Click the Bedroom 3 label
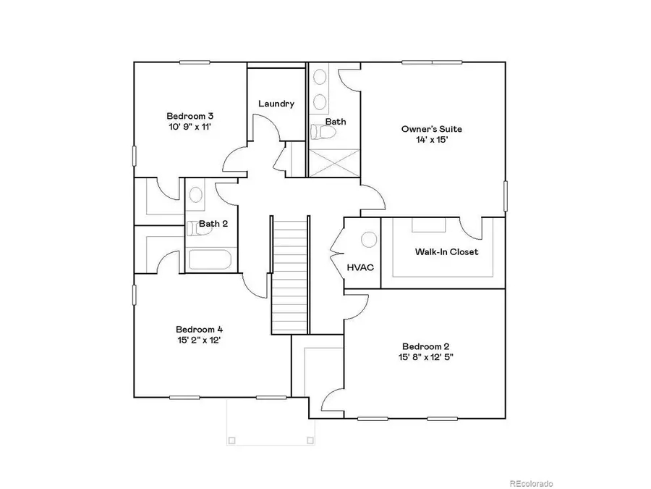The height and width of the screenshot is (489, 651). click(x=190, y=116)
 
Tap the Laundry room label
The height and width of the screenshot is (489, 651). click(x=276, y=104)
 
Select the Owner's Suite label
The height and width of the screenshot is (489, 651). click(x=432, y=129)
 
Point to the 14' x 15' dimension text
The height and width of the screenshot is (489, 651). click(x=432, y=141)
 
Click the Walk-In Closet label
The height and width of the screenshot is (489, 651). click(x=446, y=252)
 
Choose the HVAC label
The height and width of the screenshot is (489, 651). click(x=360, y=267)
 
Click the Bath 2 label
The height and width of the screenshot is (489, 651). click(x=213, y=224)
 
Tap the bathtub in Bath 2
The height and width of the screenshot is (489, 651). click(x=210, y=260)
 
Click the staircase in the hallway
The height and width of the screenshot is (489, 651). click(x=290, y=275)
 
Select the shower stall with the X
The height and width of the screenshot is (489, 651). click(x=333, y=163)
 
